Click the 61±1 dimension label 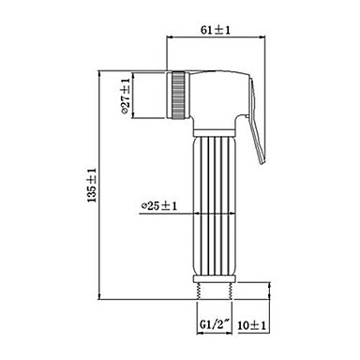click(215, 30)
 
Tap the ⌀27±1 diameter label click(126, 96)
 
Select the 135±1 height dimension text click(92, 185)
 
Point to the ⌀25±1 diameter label click(159, 206)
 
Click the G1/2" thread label click(215, 324)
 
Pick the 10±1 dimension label click(251, 325)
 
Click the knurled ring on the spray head click(178, 95)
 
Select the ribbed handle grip click(214, 205)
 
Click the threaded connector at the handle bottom click(215, 291)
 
